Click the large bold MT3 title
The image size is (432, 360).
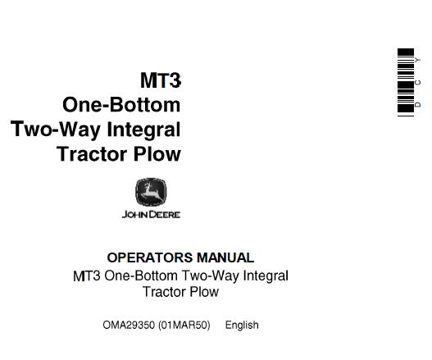(161, 80)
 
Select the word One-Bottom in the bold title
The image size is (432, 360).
(121, 105)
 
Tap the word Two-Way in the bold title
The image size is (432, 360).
(56, 130)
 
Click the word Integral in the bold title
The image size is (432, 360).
(143, 130)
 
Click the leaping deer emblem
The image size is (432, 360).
(151, 192)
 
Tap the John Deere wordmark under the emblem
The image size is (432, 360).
(151, 215)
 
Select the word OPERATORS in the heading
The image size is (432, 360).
(150, 257)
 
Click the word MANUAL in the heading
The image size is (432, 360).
(225, 257)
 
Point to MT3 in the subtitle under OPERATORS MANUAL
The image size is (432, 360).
(87, 276)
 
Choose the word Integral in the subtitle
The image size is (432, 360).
(266, 276)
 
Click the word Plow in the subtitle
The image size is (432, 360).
(204, 292)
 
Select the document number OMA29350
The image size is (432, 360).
(129, 325)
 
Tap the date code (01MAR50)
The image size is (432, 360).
(184, 326)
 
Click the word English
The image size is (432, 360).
(242, 326)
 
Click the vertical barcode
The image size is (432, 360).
(406, 83)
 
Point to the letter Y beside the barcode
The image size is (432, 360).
(418, 60)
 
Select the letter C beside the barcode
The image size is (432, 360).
(418, 83)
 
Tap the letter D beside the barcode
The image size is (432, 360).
(418, 105)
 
